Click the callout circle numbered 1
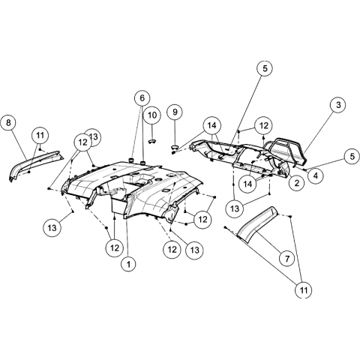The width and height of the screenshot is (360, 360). click(x=129, y=264)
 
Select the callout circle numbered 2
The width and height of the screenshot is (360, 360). click(x=297, y=183)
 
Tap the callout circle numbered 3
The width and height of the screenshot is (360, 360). click(x=338, y=105)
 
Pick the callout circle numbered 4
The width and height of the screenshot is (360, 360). click(x=316, y=176)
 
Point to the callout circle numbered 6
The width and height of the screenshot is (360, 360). click(x=142, y=98)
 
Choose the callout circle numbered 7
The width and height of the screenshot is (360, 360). click(x=287, y=257)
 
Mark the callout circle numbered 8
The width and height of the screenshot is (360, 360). click(x=9, y=123)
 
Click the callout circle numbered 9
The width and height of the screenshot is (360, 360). click(x=175, y=112)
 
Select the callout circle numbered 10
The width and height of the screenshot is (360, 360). click(x=152, y=115)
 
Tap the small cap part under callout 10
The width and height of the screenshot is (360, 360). click(x=152, y=142)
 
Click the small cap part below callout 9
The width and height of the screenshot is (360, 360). click(x=175, y=146)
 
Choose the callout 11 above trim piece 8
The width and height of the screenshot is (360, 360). click(x=40, y=135)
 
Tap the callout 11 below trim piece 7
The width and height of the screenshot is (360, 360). click(x=304, y=290)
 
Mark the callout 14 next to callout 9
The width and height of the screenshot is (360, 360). click(x=211, y=125)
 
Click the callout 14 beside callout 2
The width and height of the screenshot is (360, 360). click(x=248, y=184)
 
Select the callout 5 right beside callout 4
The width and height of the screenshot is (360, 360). click(x=352, y=156)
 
